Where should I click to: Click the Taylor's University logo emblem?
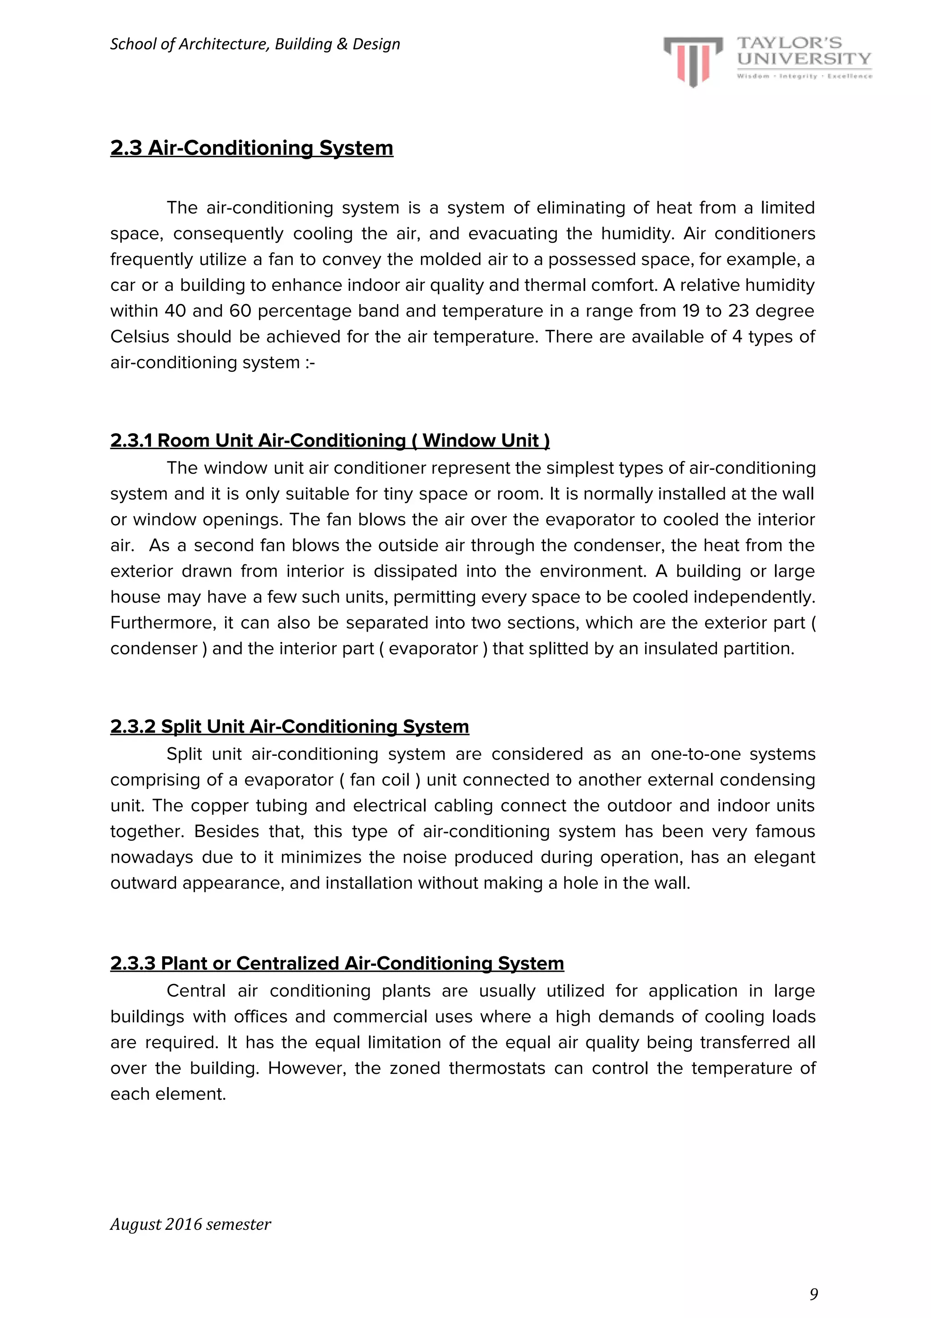coord(693,61)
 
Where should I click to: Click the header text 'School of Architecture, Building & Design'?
coord(255,44)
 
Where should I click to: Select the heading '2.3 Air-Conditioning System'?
coord(251,148)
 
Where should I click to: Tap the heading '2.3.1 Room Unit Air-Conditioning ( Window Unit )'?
coord(330,440)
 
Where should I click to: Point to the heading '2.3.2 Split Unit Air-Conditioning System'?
coord(290,726)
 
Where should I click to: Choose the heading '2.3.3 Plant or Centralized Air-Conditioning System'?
coord(337,963)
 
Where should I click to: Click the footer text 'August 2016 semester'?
coord(190,1224)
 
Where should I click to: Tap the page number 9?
coord(813,1294)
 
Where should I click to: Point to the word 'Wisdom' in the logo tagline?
coord(753,76)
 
